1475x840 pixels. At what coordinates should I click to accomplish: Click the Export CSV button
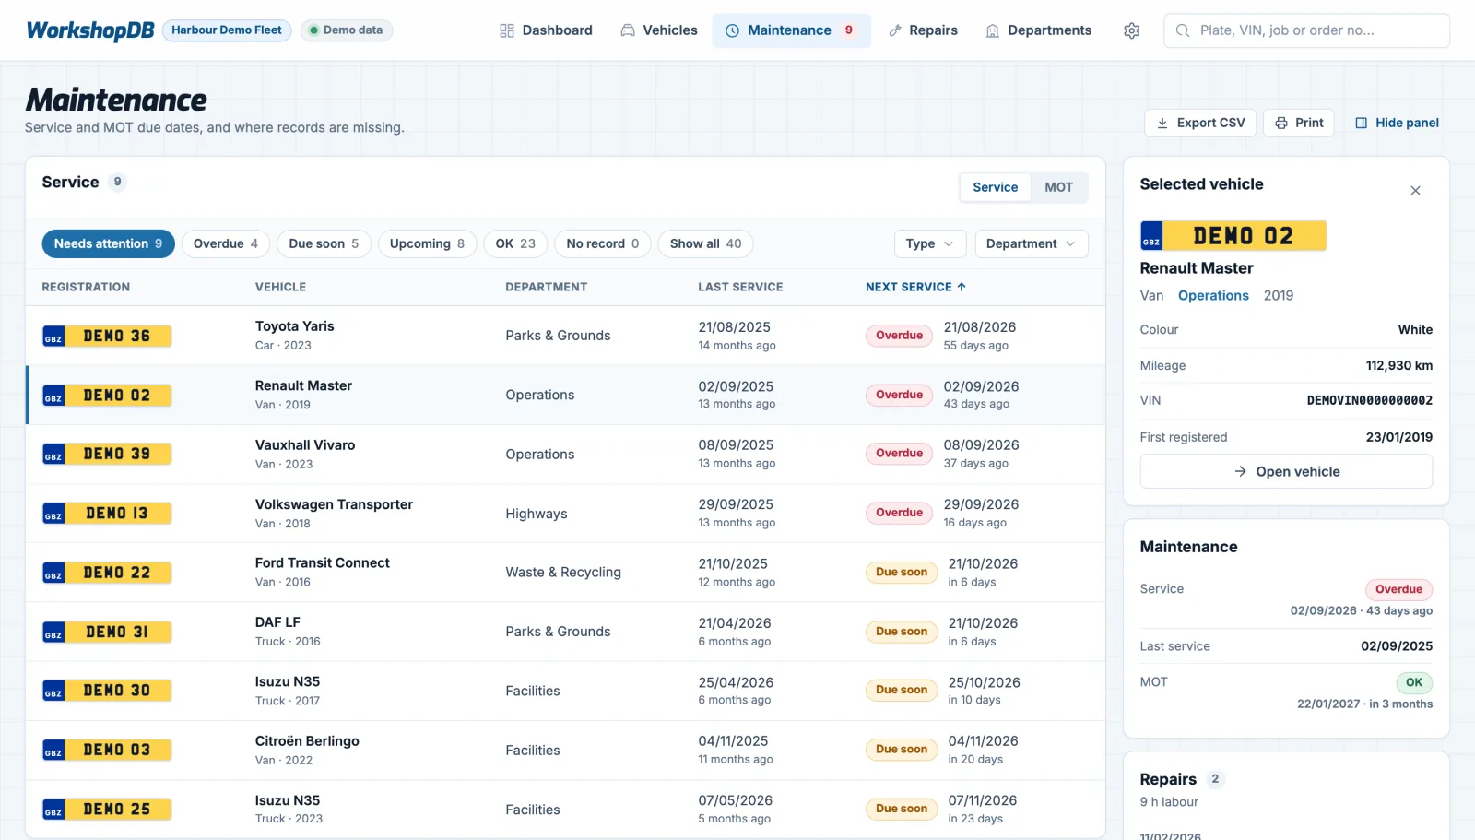coord(1199,124)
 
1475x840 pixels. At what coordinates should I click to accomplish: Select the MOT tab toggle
coord(1058,187)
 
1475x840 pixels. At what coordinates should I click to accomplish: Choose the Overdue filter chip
coord(225,243)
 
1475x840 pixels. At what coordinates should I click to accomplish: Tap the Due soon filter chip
coord(324,243)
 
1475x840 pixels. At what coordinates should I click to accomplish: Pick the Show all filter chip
coord(705,243)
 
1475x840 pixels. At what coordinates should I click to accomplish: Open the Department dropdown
coord(1032,243)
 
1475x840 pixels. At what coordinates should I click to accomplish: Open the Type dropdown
coord(930,243)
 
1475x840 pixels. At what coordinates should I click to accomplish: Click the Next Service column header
coord(915,288)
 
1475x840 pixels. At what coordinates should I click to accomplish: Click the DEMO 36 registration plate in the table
coord(107,336)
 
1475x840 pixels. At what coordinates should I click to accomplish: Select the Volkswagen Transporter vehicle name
coord(334,504)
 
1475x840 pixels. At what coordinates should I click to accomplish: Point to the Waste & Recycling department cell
coord(563,572)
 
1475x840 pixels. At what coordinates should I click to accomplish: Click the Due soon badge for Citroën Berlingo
coord(901,750)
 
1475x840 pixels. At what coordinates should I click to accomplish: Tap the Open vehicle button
coord(1286,472)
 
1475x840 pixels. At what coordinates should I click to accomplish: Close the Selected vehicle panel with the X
coord(1415,191)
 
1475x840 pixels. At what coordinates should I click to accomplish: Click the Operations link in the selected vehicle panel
coord(1213,296)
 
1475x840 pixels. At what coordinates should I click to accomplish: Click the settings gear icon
coord(1131,31)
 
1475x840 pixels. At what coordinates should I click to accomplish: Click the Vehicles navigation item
coord(658,30)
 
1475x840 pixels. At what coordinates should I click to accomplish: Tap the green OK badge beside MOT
coord(1414,682)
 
